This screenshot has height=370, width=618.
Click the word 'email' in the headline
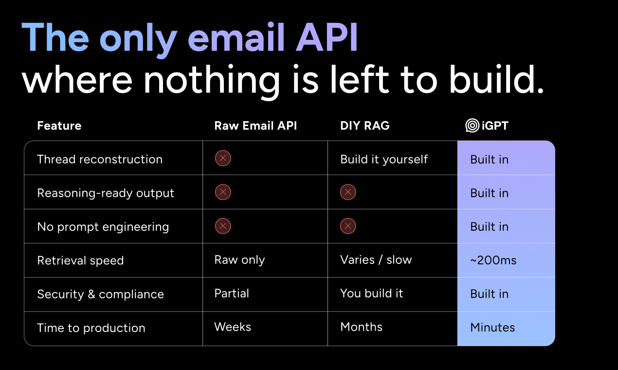point(236,37)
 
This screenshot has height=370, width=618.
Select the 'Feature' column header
point(59,126)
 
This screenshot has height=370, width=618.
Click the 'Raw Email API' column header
point(255,126)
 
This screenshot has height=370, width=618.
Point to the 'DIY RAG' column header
point(365,126)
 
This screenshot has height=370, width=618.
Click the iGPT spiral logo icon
point(473,126)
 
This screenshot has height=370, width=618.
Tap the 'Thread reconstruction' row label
point(100,159)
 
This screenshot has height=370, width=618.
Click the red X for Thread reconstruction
point(223,158)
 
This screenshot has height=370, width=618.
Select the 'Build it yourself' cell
point(384,159)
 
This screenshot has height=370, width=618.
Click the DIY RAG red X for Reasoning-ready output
point(348,192)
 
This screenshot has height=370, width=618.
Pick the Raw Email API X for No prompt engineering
point(223,226)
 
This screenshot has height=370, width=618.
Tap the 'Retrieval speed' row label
point(81,260)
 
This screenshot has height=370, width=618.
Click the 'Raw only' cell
point(239,260)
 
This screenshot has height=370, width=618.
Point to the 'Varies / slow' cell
point(376,260)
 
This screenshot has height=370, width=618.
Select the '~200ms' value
point(493,260)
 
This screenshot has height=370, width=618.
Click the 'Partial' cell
point(232,293)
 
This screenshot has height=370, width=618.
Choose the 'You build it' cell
point(372,293)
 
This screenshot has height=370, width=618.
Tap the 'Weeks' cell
point(233,327)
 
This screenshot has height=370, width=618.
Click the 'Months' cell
point(361,327)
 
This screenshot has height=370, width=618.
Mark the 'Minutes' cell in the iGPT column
point(492,328)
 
